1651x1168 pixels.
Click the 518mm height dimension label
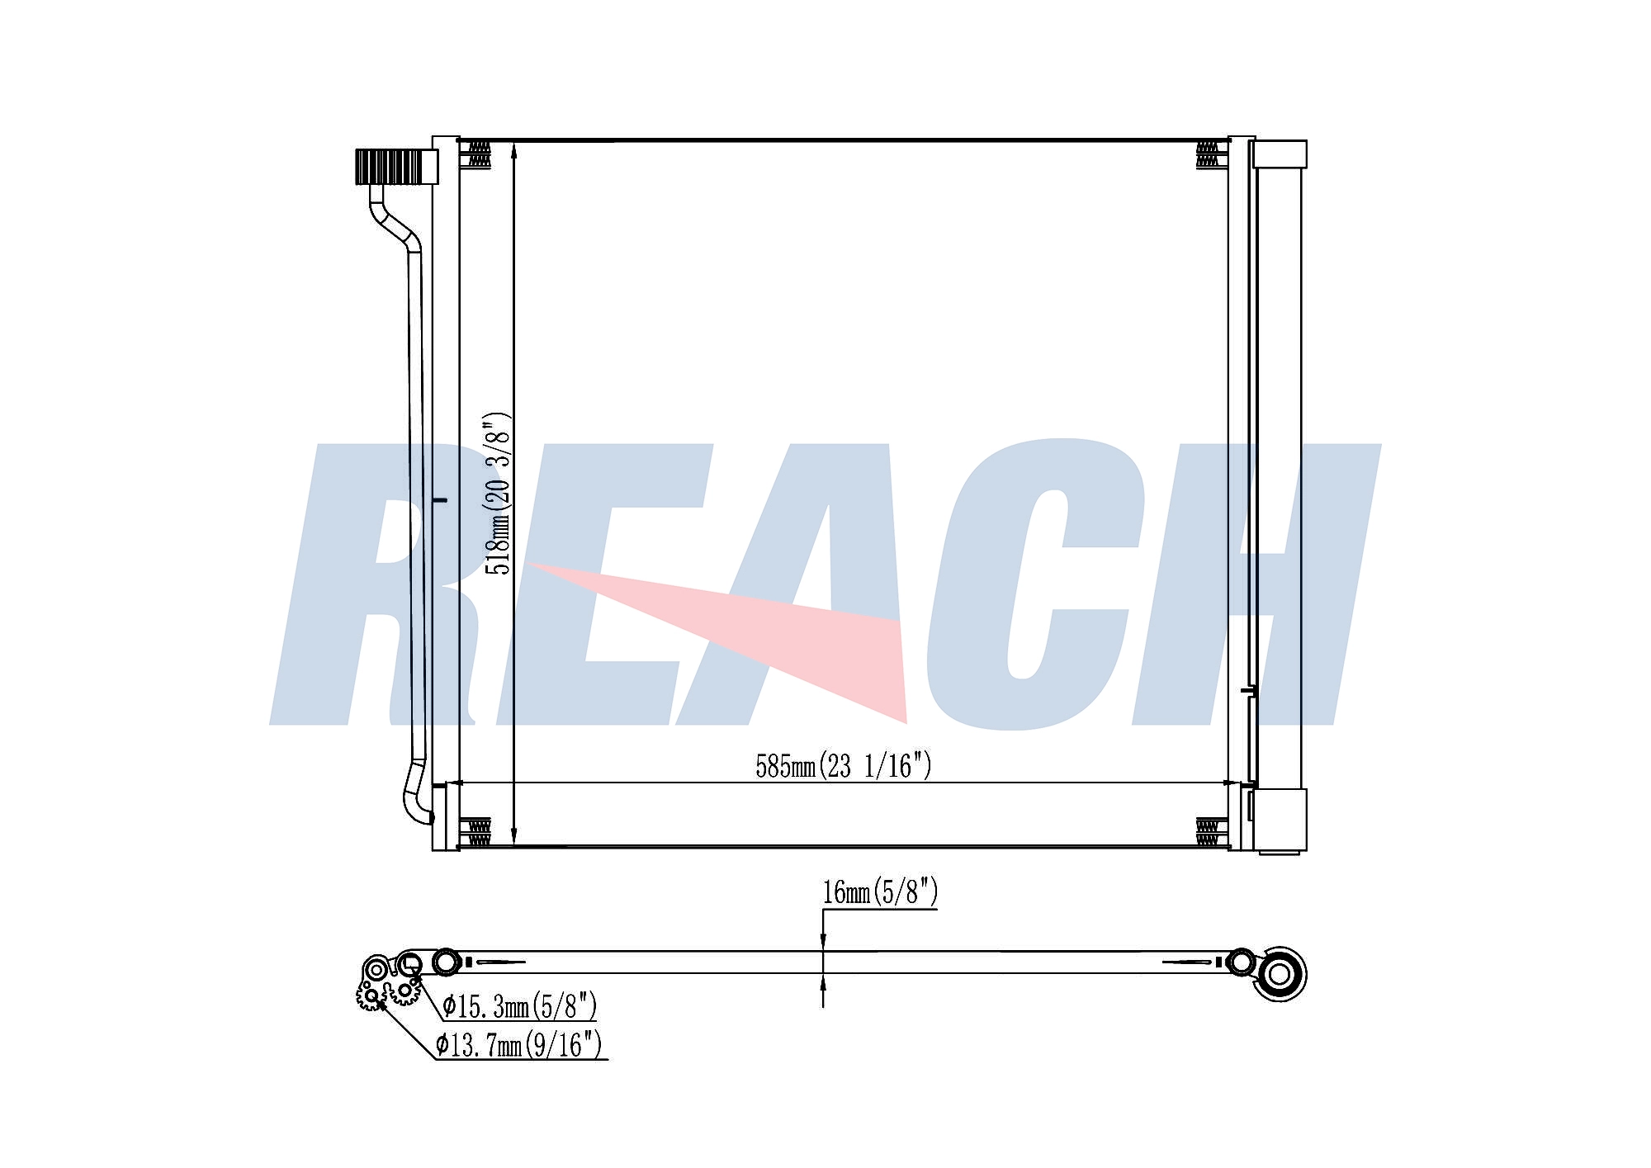click(498, 493)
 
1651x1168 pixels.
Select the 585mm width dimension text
click(843, 766)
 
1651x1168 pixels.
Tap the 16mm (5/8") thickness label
click(880, 892)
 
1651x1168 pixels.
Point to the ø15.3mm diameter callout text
click(519, 1006)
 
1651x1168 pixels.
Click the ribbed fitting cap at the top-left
click(396, 167)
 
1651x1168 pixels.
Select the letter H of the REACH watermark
click(1255, 584)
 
